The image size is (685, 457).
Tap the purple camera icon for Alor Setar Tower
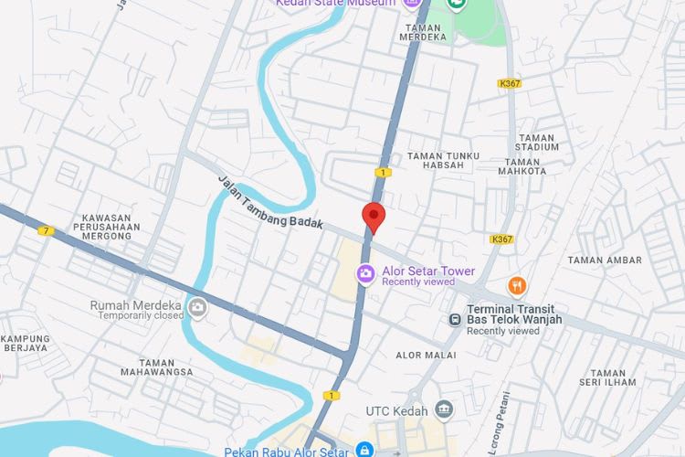[365, 273]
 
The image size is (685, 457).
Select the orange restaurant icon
[517, 286]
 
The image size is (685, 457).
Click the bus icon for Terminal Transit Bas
[454, 319]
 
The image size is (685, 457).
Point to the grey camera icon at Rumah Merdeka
[196, 307]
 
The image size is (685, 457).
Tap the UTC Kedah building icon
[444, 409]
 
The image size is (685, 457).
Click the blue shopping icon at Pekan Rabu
[364, 450]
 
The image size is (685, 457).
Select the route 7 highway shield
[46, 230]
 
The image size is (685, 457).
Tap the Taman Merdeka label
[424, 33]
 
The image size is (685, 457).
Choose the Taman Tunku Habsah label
[443, 160]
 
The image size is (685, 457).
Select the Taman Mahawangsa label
[157, 367]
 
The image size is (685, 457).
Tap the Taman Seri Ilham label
[607, 378]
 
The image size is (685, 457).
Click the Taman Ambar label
[605, 260]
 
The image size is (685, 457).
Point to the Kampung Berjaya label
[25, 344]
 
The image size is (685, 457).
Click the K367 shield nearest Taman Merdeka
[510, 83]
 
